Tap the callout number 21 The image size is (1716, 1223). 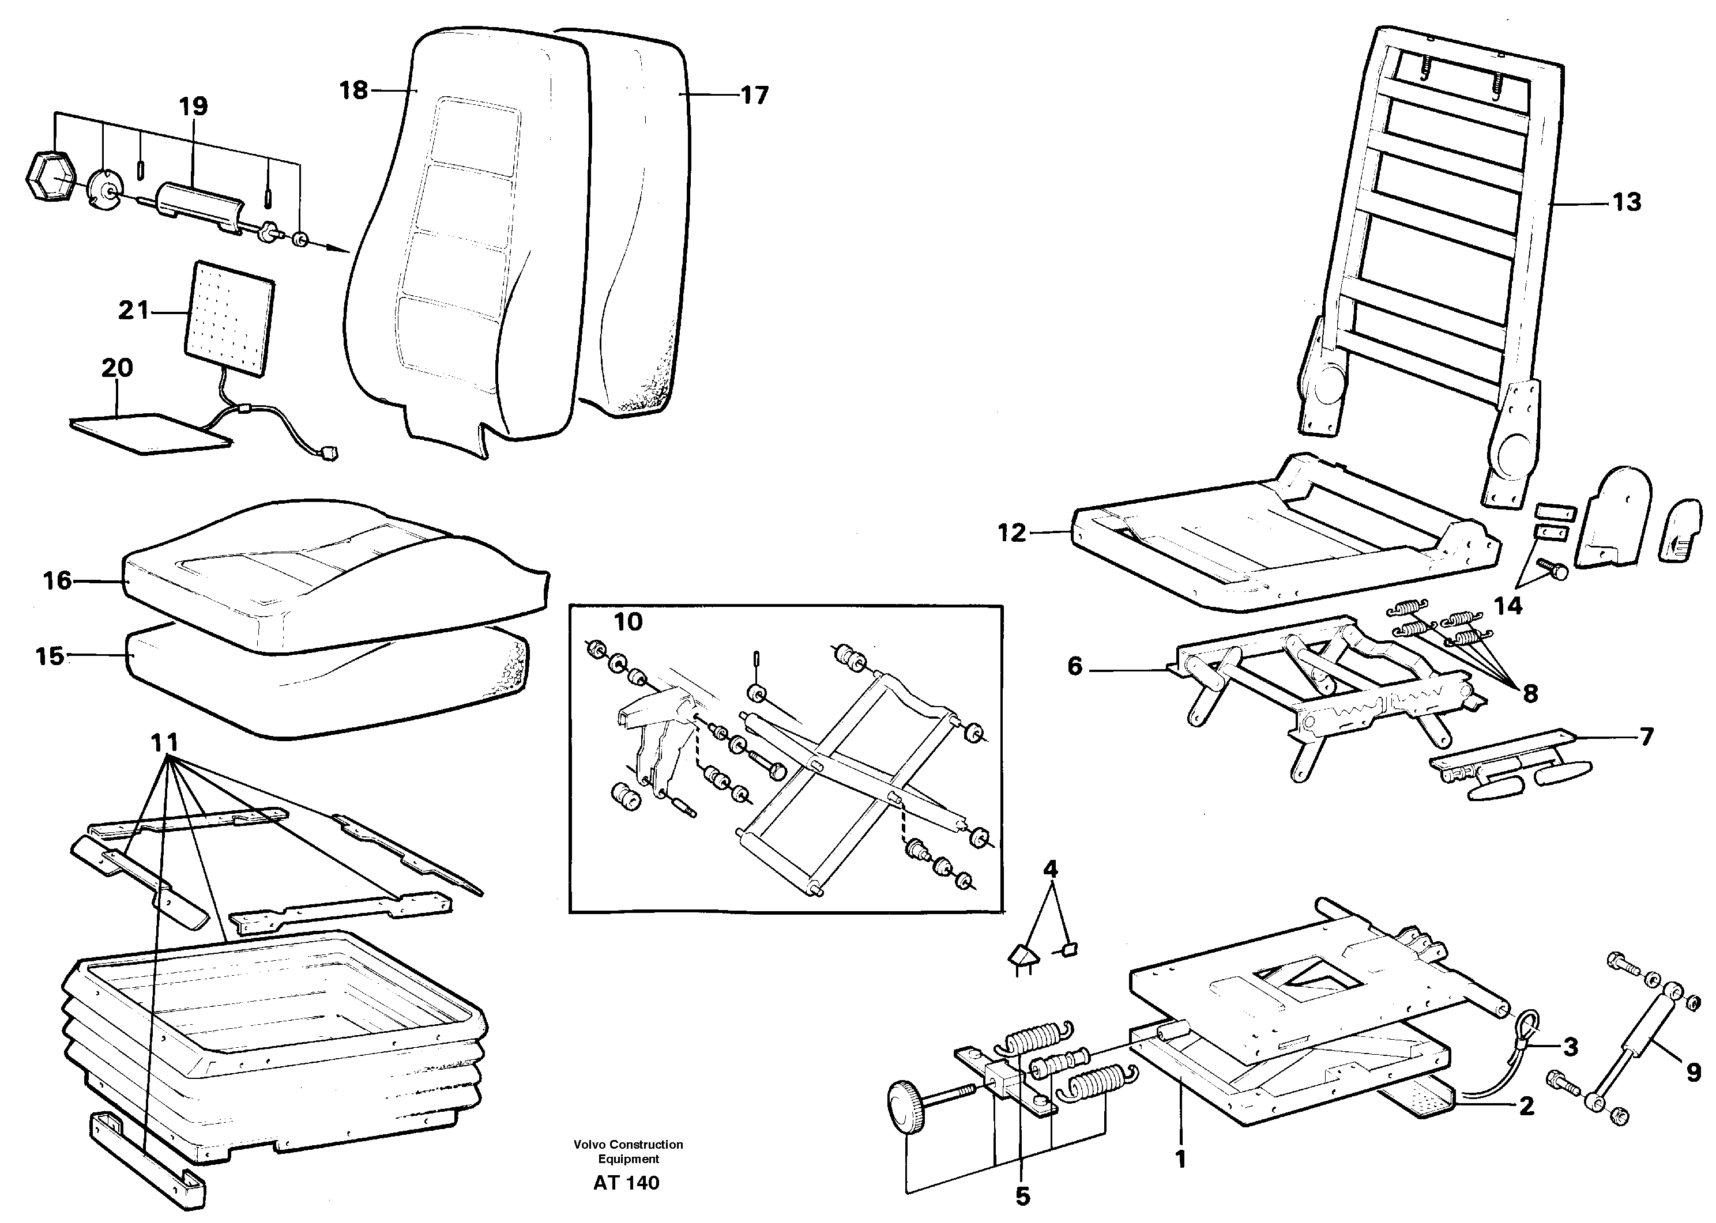pyautogui.click(x=134, y=310)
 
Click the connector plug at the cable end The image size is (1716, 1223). pyautogui.click(x=329, y=454)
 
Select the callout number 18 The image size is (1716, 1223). pyautogui.click(x=353, y=90)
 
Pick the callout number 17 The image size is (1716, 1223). pyautogui.click(x=754, y=96)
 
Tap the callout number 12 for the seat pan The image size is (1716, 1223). pyautogui.click(x=1012, y=533)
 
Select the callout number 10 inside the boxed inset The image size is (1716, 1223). pyautogui.click(x=629, y=622)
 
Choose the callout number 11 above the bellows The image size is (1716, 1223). pyautogui.click(x=165, y=743)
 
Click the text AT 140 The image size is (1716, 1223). pyautogui.click(x=626, y=1182)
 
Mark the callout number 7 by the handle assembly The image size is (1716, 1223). pyautogui.click(x=1646, y=737)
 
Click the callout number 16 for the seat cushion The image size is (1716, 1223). pyautogui.click(x=57, y=580)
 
